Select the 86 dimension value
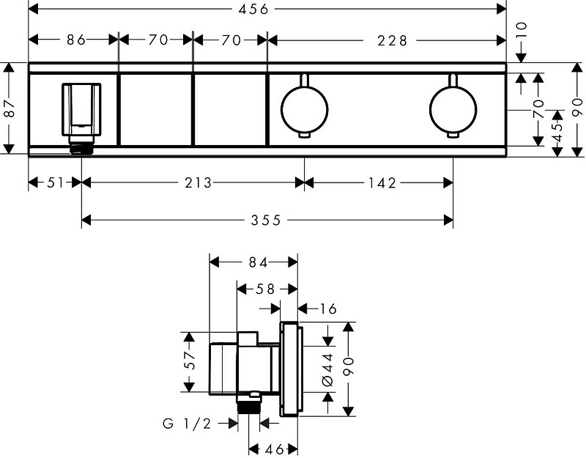(74, 40)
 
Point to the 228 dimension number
(393, 40)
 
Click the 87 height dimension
(10, 109)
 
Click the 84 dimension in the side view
(253, 261)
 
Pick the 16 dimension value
(327, 309)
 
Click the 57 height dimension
(190, 361)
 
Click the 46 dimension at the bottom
(273, 449)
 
